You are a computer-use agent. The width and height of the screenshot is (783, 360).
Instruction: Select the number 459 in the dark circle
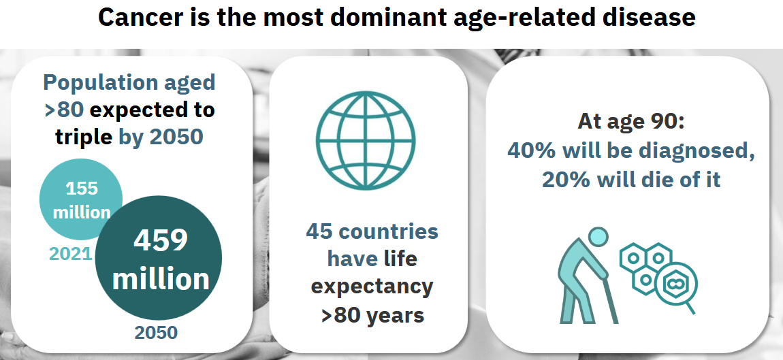point(160,240)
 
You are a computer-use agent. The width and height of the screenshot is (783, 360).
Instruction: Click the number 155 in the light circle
point(82,189)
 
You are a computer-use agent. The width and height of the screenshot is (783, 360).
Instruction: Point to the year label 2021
point(70,254)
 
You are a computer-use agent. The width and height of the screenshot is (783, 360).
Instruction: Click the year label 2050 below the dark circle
point(156,333)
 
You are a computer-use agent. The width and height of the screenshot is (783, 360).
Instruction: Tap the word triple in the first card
point(83,137)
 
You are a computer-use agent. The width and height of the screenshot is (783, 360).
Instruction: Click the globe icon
point(366,140)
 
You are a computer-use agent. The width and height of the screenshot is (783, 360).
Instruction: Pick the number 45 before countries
point(319,231)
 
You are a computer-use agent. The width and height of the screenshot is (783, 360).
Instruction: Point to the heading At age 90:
point(631,121)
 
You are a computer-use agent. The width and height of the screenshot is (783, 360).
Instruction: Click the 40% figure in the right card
point(531,150)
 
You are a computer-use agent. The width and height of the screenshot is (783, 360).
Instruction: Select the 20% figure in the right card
point(566,180)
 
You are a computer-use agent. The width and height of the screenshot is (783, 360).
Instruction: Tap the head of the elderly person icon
point(598,238)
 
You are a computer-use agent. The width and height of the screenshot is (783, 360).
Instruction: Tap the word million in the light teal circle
point(82,212)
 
